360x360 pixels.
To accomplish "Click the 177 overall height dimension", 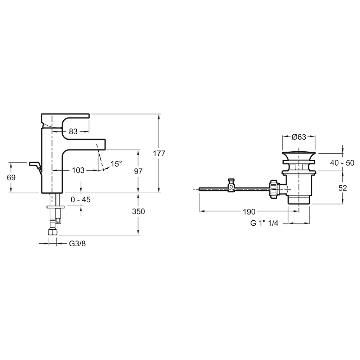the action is click(159, 153).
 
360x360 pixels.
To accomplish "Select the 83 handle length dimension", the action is click(73, 131).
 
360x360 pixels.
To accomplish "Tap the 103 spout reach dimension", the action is click(78, 170).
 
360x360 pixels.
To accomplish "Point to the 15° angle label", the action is click(116, 164).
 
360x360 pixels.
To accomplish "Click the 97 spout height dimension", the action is click(138, 171).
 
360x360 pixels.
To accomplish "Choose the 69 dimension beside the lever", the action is click(11, 177).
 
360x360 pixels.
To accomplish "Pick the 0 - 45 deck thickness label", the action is click(81, 200).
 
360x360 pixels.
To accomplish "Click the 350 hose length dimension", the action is click(139, 211).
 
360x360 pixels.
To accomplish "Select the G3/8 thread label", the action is click(77, 244).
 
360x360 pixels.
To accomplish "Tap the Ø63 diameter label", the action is click(299, 137).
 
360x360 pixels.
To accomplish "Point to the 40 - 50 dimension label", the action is click(342, 163).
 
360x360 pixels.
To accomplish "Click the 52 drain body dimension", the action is click(343, 188).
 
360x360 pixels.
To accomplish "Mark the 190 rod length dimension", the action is click(249, 212).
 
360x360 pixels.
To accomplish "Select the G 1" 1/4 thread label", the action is click(264, 223).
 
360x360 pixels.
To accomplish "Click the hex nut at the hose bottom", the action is click(53, 232).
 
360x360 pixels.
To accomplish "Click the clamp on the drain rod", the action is click(231, 185).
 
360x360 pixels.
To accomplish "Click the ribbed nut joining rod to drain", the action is click(274, 189).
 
